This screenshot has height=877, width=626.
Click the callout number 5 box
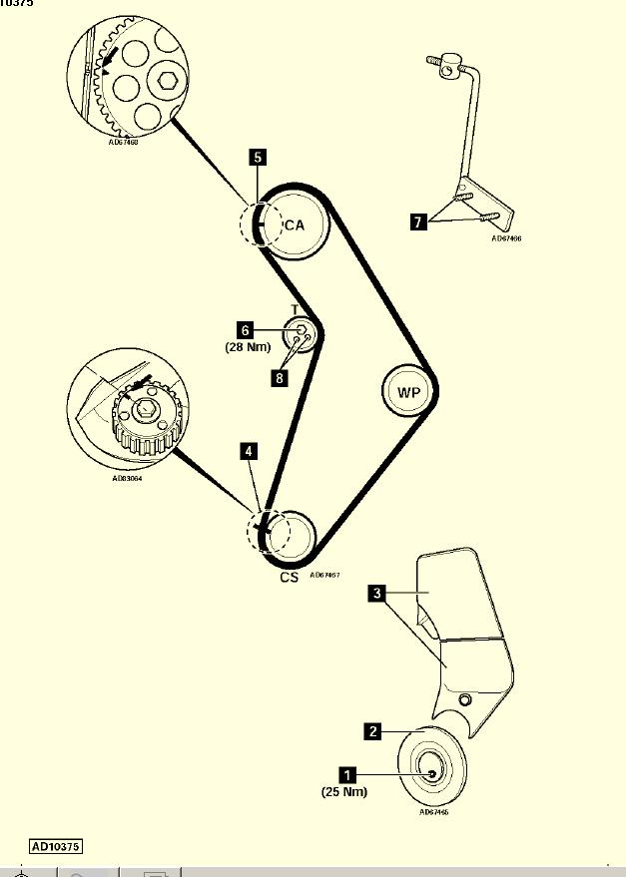pyautogui.click(x=258, y=157)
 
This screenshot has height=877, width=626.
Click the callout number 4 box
pyautogui.click(x=249, y=451)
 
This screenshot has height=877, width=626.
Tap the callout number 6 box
pyautogui.click(x=245, y=328)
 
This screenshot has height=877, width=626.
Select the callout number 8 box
pyautogui.click(x=281, y=377)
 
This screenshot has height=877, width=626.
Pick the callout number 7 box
pyautogui.click(x=417, y=221)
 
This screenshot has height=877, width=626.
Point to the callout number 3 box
pyautogui.click(x=376, y=594)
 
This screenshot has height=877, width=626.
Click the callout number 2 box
pyautogui.click(x=372, y=731)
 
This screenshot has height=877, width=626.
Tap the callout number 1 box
pyautogui.click(x=347, y=773)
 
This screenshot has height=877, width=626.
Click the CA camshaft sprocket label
pyautogui.click(x=294, y=225)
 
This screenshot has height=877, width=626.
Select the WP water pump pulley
pyautogui.click(x=409, y=392)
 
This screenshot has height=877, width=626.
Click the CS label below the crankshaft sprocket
pyautogui.click(x=290, y=577)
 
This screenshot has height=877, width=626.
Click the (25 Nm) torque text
pyautogui.click(x=344, y=792)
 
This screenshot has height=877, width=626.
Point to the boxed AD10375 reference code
pyautogui.click(x=56, y=846)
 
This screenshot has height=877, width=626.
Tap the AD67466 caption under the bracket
pyautogui.click(x=506, y=239)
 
